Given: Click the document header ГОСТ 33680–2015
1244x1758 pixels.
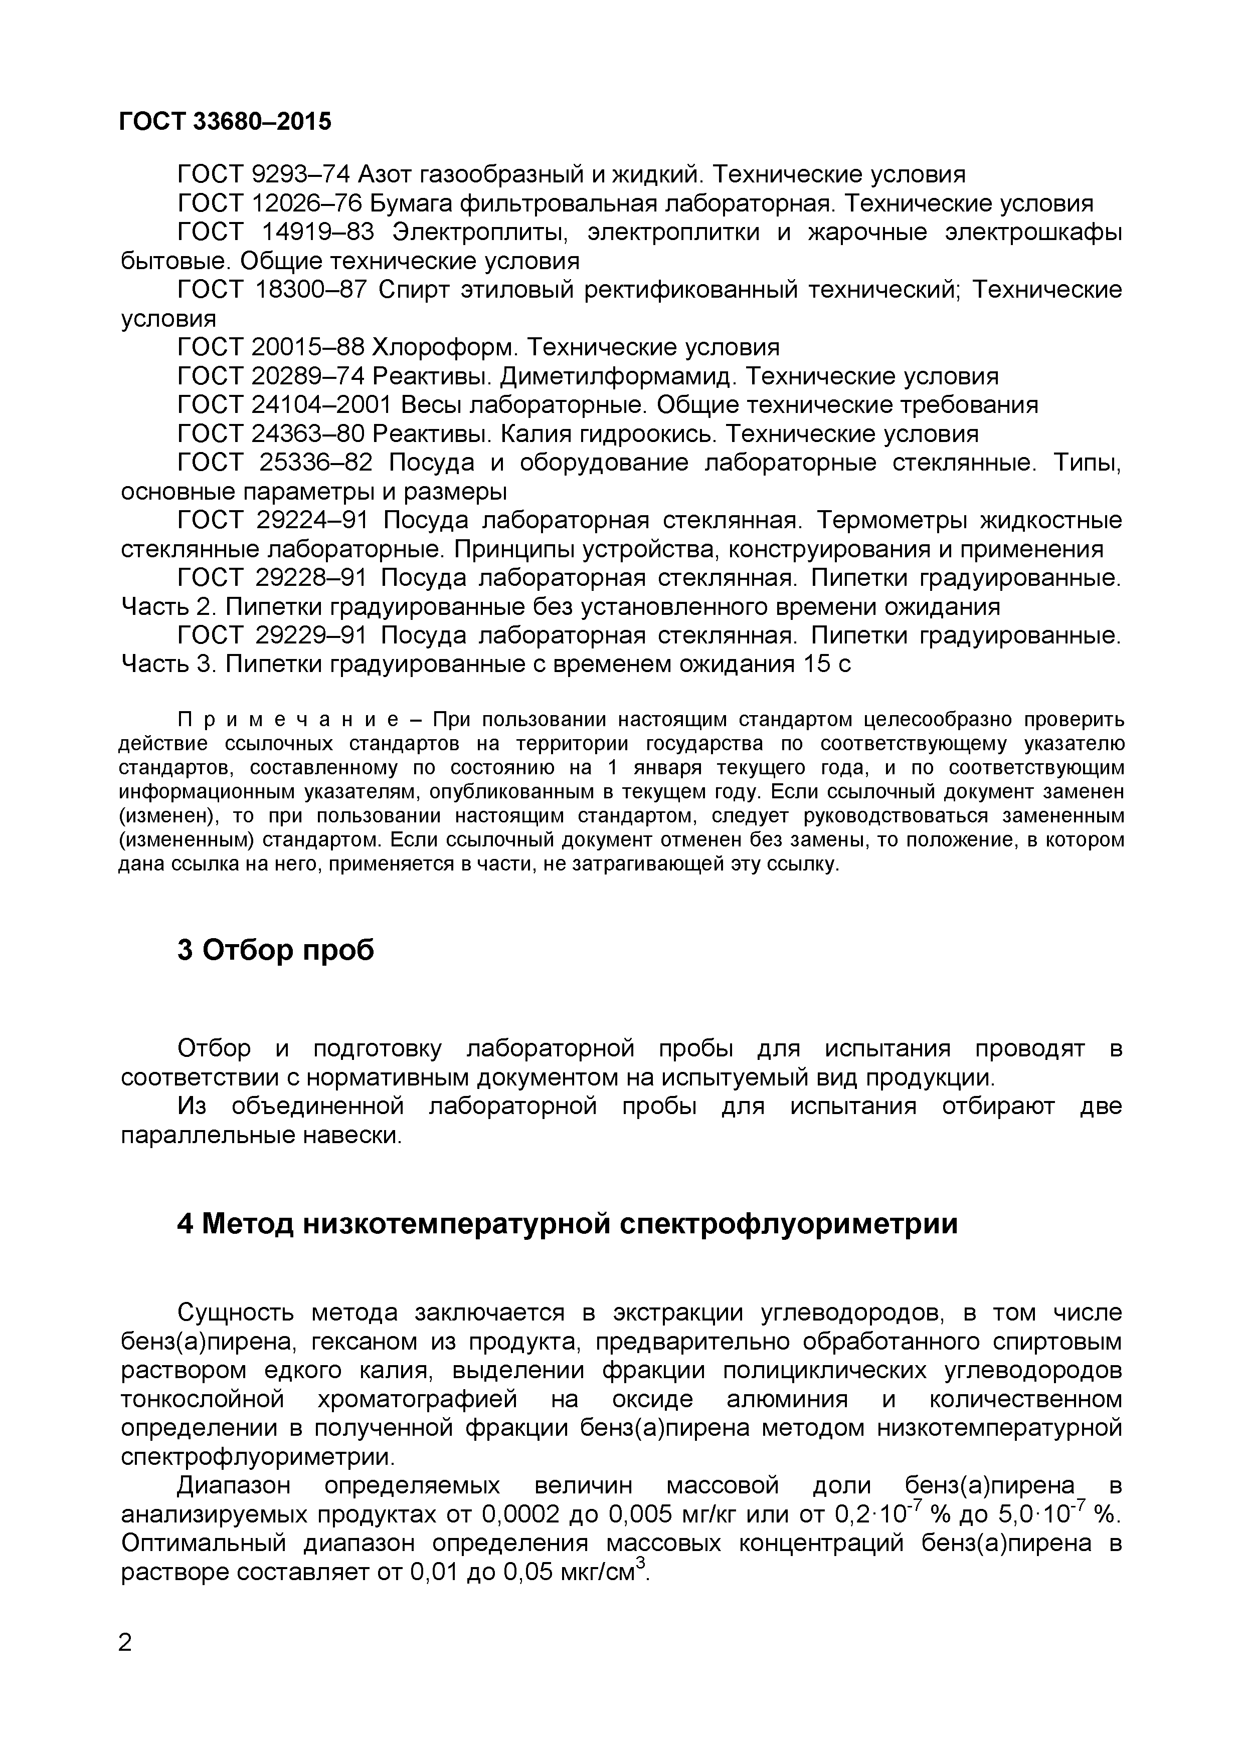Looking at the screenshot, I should [226, 121].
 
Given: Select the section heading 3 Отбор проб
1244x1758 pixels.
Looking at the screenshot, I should [276, 950].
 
